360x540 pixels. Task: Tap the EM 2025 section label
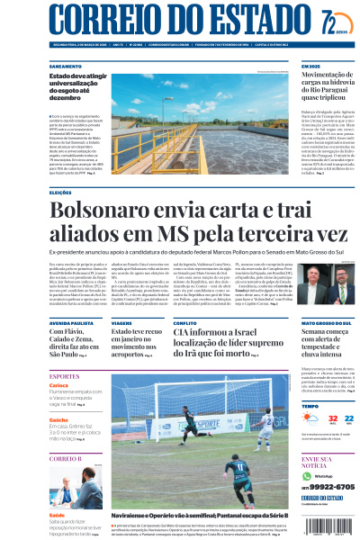[x=310, y=67]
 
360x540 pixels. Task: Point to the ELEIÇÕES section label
[x=61, y=192]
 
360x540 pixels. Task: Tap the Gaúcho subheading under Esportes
[x=58, y=419]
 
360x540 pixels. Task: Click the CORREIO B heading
[x=66, y=458]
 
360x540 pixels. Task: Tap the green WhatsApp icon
[x=307, y=474]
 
